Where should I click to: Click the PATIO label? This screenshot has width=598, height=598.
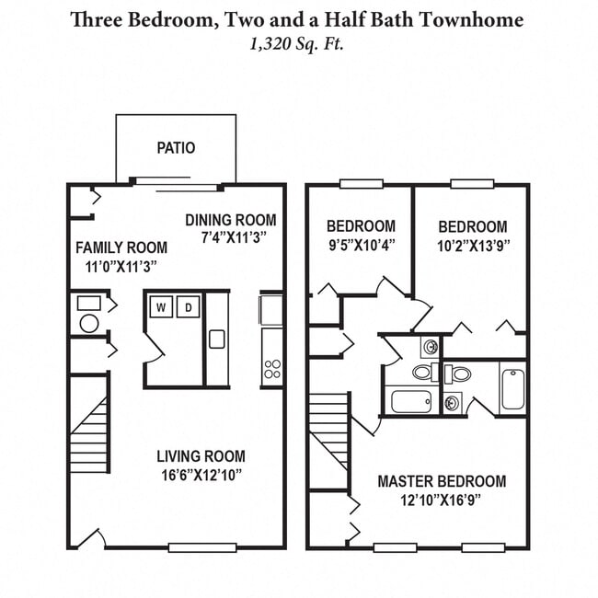pos(176,147)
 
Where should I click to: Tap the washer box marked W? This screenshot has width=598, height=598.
pos(161,306)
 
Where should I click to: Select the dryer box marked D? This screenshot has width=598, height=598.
pos(188,306)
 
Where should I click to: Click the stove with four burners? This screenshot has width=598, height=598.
pos(272,369)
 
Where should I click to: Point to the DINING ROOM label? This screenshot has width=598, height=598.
pos(230,220)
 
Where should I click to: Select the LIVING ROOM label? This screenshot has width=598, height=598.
pos(201,456)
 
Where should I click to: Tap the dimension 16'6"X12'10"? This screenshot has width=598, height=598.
pos(201,475)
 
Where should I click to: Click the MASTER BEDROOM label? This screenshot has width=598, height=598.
pos(442,481)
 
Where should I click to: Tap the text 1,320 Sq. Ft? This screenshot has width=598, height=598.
pos(298,41)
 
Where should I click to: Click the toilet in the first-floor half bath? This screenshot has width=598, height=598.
pos(89,322)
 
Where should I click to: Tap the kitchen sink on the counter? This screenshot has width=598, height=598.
pos(216,339)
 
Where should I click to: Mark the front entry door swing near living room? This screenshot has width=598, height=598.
pos(89,537)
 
